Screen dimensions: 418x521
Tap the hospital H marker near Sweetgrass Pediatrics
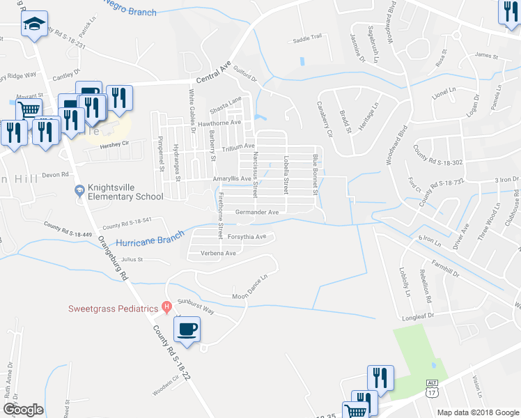coord(166,307)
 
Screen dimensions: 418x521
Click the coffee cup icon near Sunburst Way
coord(187,329)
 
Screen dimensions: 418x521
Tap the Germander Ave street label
coord(257,212)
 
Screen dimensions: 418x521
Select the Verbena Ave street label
coord(219,253)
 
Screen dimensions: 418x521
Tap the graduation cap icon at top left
coord(33,26)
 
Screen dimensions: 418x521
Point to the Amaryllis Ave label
coord(232,179)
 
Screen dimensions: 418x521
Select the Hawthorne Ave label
coord(219,123)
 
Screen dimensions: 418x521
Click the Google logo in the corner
coord(23,410)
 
